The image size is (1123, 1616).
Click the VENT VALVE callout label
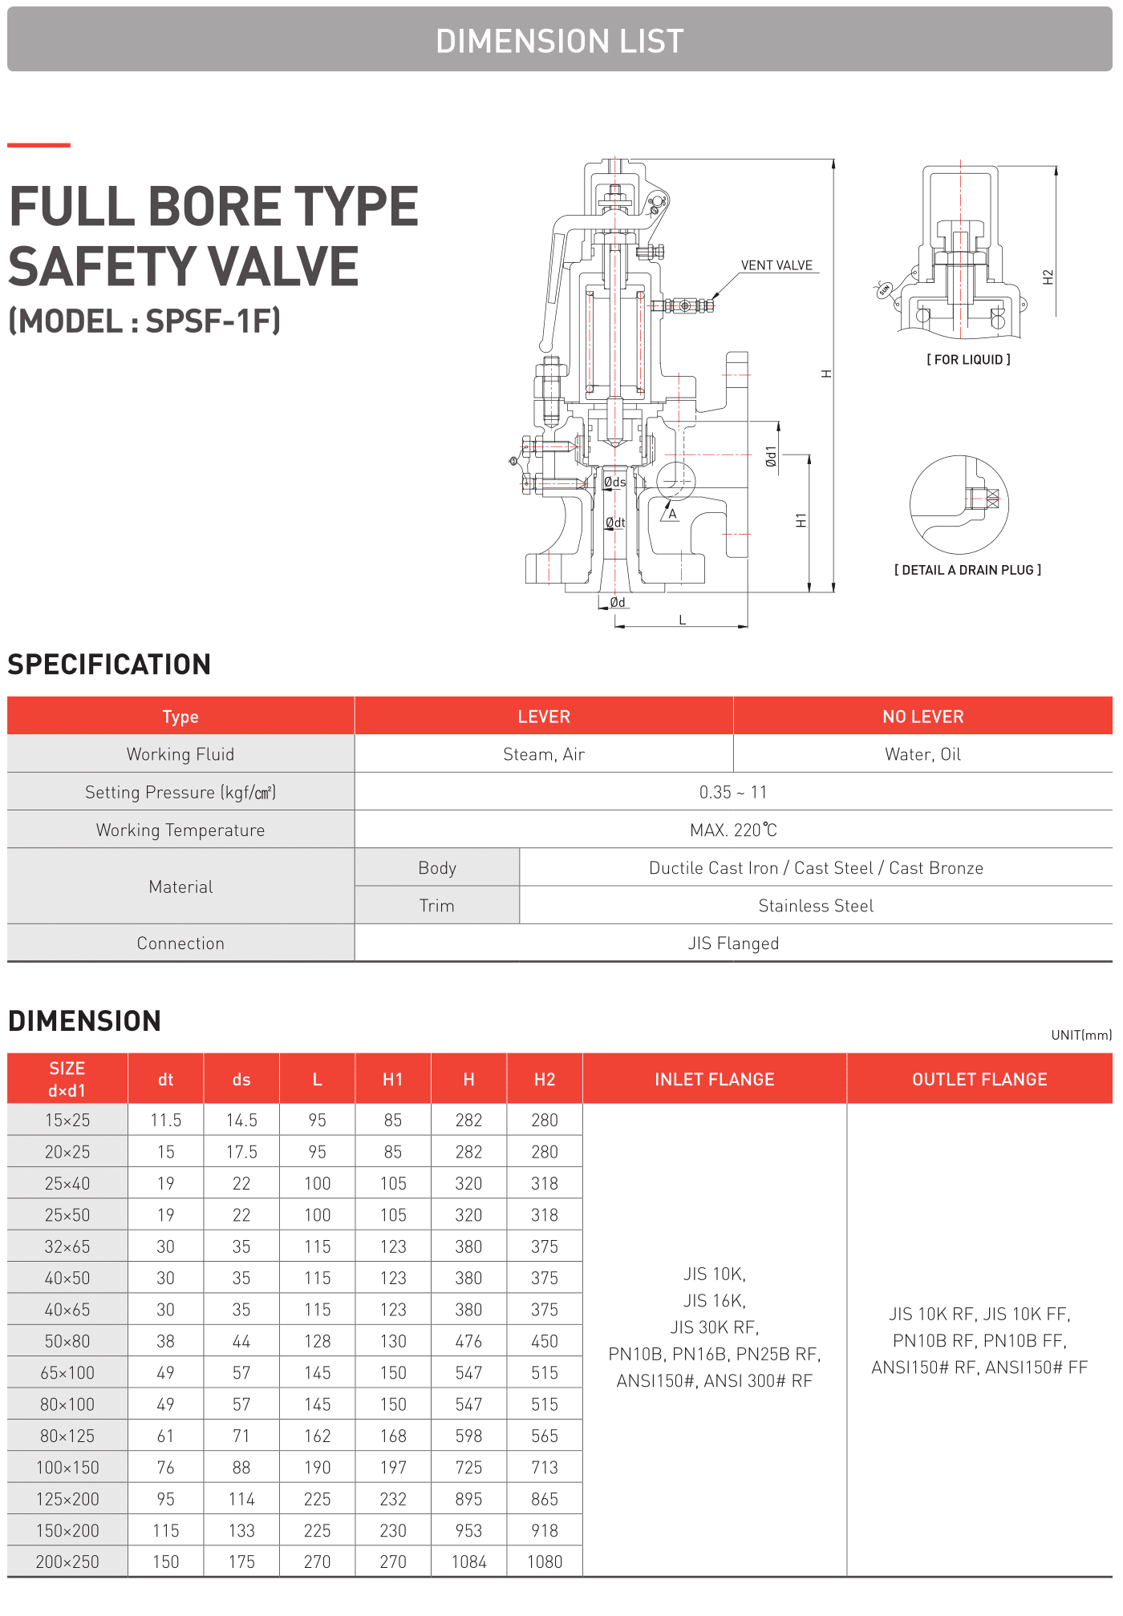[776, 265]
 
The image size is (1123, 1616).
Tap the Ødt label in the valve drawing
[615, 523]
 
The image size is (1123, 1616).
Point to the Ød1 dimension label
[771, 457]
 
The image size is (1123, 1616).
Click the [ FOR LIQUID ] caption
[968, 360]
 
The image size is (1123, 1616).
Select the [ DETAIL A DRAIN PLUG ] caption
[967, 570]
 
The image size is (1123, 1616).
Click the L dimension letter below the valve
[683, 620]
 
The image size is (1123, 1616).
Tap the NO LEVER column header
[922, 717]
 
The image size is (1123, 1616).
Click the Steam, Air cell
[544, 754]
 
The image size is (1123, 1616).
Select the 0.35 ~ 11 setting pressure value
[733, 792]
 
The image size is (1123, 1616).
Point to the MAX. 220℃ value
[733, 830]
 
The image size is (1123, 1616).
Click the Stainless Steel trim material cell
[816, 906]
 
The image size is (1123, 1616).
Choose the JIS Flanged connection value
[733, 943]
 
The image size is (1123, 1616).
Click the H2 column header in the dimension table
[545, 1080]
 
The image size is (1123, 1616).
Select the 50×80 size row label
[67, 1341]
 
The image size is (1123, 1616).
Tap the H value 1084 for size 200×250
[468, 1561]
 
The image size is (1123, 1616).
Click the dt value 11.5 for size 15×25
[166, 1120]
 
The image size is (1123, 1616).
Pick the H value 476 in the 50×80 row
[468, 1341]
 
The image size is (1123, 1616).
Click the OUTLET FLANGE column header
[979, 1080]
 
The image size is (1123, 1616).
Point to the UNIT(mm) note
[1081, 1035]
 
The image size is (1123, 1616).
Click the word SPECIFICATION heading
[109, 665]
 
